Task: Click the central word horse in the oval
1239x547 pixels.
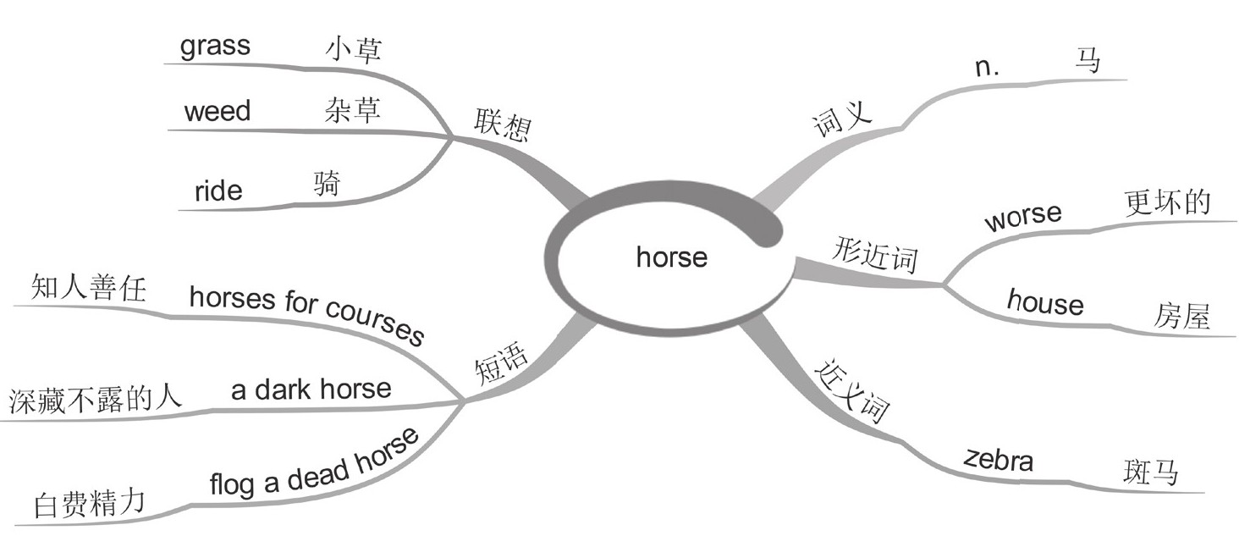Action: [671, 256]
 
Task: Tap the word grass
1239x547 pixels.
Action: [215, 47]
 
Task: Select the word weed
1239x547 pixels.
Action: [218, 111]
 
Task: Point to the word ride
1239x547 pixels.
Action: [218, 191]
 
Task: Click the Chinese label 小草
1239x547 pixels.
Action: [353, 50]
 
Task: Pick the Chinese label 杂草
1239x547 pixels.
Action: [352, 111]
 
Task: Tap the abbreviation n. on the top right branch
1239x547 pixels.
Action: [987, 69]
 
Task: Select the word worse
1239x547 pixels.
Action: [1022, 217]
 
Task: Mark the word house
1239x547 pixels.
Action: [1045, 302]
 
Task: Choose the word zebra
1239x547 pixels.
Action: [999, 460]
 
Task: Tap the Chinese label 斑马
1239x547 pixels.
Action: [1150, 472]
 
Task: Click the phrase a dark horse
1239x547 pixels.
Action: [311, 389]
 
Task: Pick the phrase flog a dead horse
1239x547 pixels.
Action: [314, 464]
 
